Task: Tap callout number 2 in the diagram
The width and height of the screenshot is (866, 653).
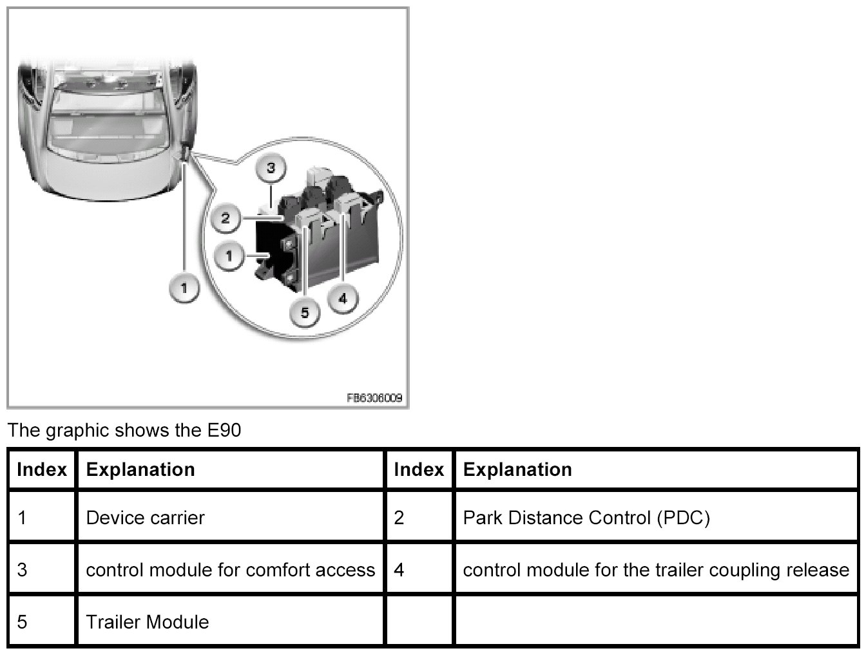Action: click(x=226, y=218)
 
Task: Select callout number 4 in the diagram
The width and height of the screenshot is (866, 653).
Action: click(x=342, y=299)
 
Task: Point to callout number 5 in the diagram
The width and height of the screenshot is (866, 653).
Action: click(x=305, y=313)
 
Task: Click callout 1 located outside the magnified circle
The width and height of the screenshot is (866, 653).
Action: click(x=184, y=288)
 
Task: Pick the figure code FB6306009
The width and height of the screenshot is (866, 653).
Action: click(x=374, y=398)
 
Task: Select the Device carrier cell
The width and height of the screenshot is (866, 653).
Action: click(x=145, y=518)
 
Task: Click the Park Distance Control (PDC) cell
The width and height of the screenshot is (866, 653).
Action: click(x=586, y=518)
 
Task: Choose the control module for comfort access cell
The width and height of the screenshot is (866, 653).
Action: click(x=230, y=570)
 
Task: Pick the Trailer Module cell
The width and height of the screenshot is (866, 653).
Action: click(x=147, y=622)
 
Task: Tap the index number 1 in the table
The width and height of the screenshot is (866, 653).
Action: click(x=22, y=518)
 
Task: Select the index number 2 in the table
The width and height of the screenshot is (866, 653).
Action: click(x=399, y=518)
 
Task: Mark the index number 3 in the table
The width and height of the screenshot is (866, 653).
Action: click(x=22, y=570)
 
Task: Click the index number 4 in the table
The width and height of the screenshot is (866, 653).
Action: click(x=399, y=570)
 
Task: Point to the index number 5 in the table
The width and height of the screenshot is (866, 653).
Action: click(x=22, y=622)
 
